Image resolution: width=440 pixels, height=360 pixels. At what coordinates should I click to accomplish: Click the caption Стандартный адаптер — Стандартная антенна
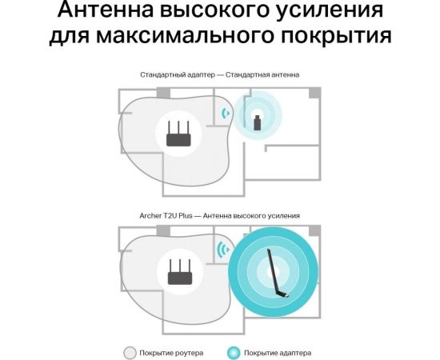pyautogui.click(x=219, y=74)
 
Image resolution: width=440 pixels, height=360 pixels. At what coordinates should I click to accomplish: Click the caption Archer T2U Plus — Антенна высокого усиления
pyautogui.click(x=219, y=217)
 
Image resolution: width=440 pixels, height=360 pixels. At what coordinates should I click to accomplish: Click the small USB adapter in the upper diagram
pyautogui.click(x=256, y=122)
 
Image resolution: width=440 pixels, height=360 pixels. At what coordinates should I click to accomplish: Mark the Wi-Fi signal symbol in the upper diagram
pyautogui.click(x=226, y=114)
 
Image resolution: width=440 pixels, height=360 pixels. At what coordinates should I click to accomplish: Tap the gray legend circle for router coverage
pyautogui.click(x=130, y=352)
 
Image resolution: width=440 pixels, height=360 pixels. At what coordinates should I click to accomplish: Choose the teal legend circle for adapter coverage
pyautogui.click(x=233, y=352)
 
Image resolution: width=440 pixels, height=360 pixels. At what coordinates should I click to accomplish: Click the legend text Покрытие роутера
pyautogui.click(x=172, y=352)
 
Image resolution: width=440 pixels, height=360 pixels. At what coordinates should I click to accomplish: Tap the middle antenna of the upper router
pyautogui.click(x=181, y=125)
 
